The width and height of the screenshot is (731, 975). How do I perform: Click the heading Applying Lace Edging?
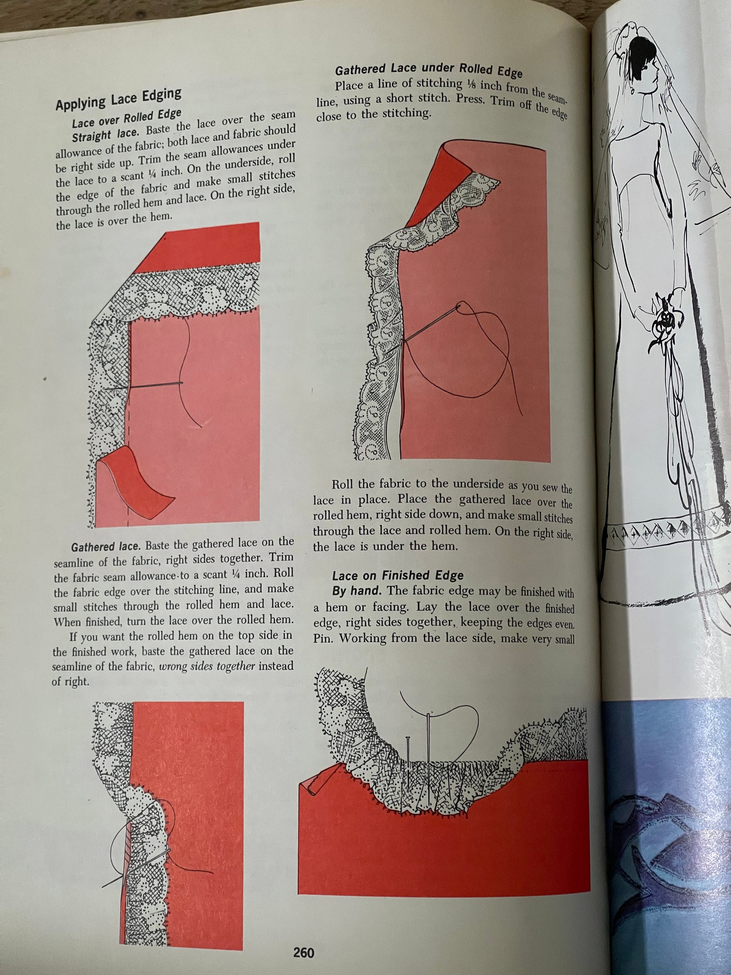[x=118, y=99]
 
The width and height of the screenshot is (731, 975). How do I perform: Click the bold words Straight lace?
[x=107, y=135]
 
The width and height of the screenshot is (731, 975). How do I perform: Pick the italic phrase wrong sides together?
[x=207, y=667]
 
